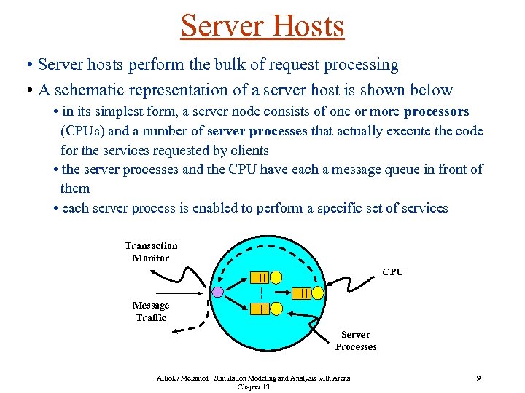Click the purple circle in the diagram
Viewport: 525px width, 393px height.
pos(217,293)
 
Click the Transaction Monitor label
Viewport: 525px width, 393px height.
pos(151,252)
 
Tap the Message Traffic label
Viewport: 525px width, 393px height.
pos(151,311)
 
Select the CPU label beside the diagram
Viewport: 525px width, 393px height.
pos(392,272)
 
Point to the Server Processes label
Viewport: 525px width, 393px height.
pos(356,341)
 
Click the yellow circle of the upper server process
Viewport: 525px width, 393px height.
pos(276,277)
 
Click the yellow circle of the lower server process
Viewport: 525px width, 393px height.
pos(276,309)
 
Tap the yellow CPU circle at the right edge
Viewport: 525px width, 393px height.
pos(318,293)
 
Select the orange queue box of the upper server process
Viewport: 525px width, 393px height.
pos(260,277)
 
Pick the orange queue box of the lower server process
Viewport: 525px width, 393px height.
pos(260,309)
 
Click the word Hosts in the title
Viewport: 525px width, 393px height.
pos(307,26)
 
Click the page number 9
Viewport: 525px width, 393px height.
pos(478,378)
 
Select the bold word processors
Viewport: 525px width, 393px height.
pos(436,112)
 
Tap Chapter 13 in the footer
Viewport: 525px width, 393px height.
pos(253,387)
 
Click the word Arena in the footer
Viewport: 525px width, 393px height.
pos(340,378)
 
